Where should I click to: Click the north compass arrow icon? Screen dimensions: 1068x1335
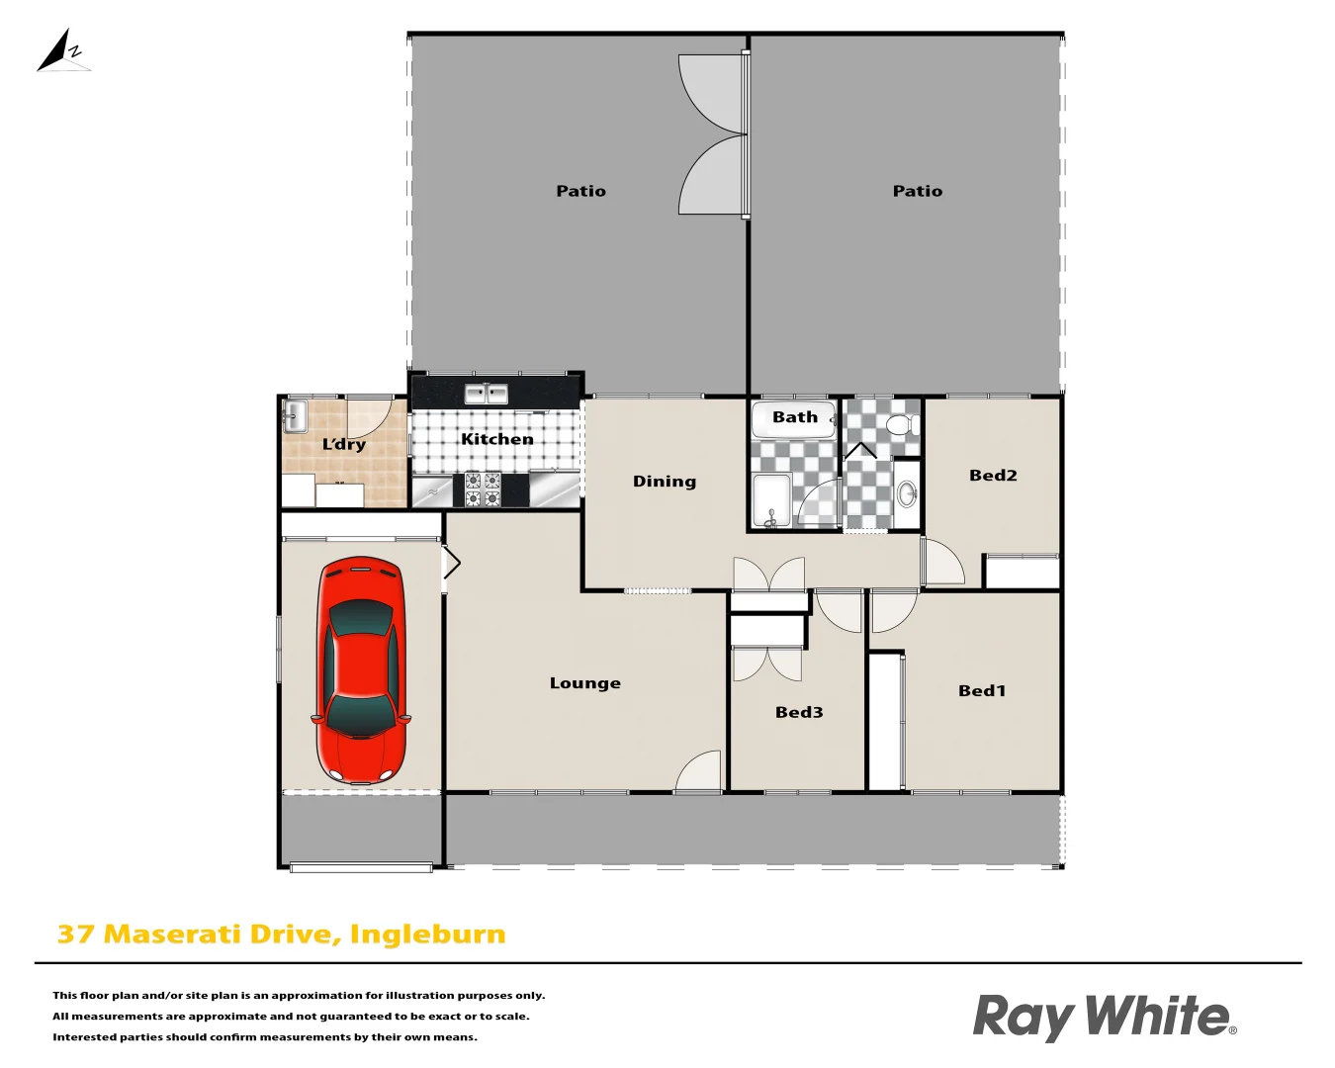click(x=62, y=52)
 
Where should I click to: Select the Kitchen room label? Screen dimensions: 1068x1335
click(x=496, y=439)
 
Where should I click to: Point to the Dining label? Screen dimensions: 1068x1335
click(x=664, y=482)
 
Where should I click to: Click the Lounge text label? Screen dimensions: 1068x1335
click(x=584, y=683)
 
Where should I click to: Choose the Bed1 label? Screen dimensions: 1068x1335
click(x=981, y=691)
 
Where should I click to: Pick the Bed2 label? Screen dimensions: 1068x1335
click(x=992, y=476)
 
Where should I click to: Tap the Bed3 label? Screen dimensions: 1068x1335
click(x=798, y=712)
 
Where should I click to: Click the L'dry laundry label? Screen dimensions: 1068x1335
click(x=343, y=444)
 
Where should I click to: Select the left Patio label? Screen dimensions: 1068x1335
click(x=580, y=191)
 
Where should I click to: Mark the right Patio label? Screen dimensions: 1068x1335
click(x=917, y=191)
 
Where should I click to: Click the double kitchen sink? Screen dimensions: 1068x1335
click(x=486, y=394)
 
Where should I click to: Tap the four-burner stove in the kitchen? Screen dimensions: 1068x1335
click(x=483, y=489)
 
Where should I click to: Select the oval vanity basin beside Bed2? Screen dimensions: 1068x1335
click(x=907, y=493)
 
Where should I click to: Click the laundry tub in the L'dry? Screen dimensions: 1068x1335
click(x=296, y=416)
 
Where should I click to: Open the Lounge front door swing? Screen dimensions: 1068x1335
click(x=700, y=772)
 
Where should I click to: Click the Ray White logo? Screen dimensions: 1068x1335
click(x=1104, y=1017)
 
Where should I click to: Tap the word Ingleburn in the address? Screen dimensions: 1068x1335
click(x=427, y=934)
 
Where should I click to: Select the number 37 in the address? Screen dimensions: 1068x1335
click(x=75, y=934)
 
